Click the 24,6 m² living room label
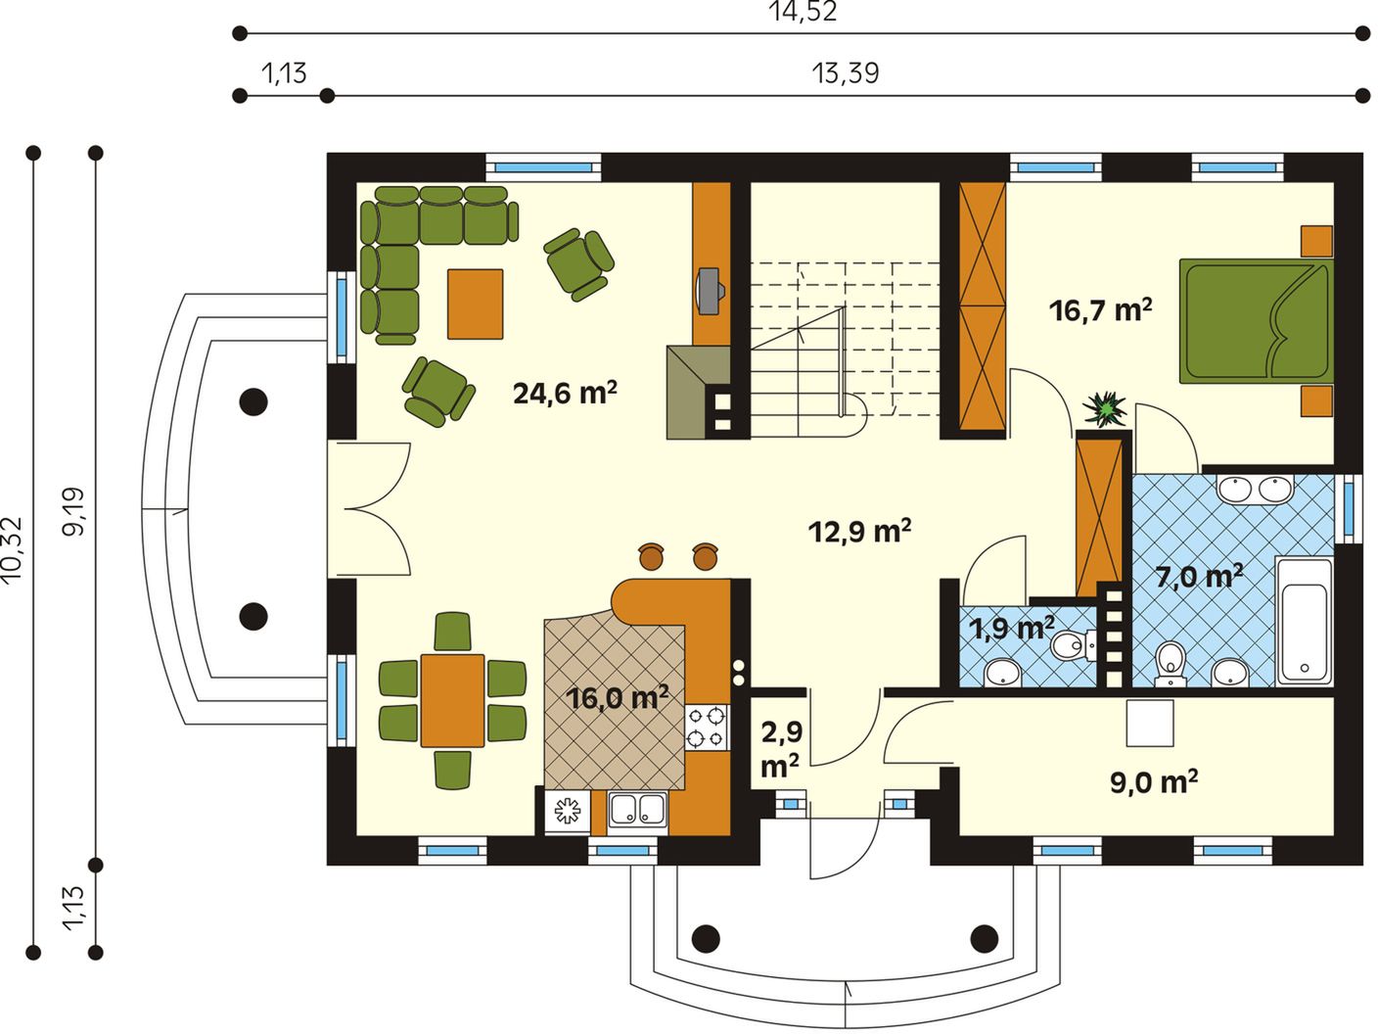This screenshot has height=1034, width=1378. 565,394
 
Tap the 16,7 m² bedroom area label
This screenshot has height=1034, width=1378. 1100,310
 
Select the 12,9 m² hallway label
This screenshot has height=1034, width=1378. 859,531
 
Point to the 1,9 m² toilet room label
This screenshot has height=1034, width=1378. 1011,628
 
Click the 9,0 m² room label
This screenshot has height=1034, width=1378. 1154,782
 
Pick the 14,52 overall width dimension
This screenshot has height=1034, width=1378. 803,12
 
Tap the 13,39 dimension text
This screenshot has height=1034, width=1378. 845,74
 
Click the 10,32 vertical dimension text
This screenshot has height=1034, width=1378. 13,550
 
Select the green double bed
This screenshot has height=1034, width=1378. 1257,321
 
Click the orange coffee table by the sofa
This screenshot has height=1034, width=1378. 476,305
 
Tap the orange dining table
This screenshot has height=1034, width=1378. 452,701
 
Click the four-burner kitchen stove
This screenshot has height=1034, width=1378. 707,727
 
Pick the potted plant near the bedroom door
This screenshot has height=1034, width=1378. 1105,409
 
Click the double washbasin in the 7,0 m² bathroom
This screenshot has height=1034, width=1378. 1256,489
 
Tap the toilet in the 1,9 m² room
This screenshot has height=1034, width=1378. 1073,644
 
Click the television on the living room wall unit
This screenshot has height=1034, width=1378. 711,290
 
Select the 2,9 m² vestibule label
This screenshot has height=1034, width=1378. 780,750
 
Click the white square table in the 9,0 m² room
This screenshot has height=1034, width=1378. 1150,723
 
